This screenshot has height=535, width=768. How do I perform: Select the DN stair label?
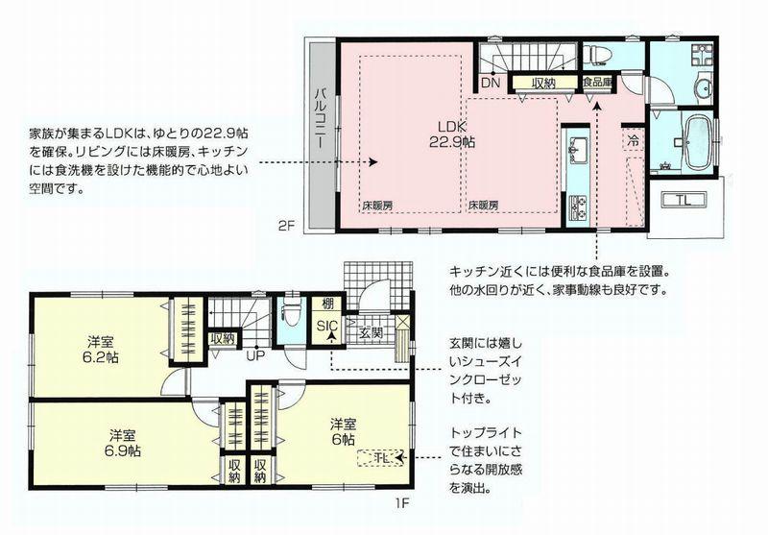coord(490,84)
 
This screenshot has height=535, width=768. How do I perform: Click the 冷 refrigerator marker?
coord(634,138)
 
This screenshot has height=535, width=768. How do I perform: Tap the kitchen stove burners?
coord(579,205)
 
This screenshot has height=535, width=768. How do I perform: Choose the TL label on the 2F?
coord(683,200)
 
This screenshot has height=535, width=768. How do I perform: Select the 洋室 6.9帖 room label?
coord(124,440)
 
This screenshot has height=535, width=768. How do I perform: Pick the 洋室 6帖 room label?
coord(344,429)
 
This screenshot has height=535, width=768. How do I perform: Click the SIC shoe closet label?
coord(327,325)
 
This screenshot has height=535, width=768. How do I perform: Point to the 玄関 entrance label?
coord(371,332)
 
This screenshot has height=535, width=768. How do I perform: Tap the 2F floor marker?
coord(285,227)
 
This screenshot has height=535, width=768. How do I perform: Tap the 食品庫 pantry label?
coord(598,84)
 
